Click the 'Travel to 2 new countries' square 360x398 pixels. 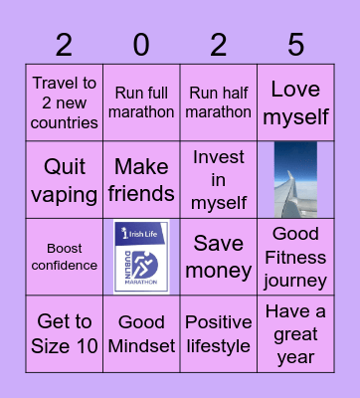tap(65, 103)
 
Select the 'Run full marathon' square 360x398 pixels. tap(142, 103)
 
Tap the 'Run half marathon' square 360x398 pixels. tap(219, 103)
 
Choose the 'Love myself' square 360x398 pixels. tap(295, 103)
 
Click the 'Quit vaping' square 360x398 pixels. tap(65, 180)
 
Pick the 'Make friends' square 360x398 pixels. tap(142, 180)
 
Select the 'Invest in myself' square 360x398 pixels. tap(219, 180)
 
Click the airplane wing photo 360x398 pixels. tap(295, 180)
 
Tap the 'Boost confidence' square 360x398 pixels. tap(65, 257)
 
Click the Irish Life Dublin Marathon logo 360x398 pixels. tap(142, 257)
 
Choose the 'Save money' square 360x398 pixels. tap(219, 257)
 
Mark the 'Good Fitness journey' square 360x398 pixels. tap(295, 257)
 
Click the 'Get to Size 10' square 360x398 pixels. tap(65, 333)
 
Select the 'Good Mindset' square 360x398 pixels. tap(142, 333)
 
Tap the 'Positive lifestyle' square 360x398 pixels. tap(219, 333)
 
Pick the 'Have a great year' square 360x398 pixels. tap(295, 333)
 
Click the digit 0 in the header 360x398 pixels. tap(141, 45)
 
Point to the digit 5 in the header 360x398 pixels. tap(295, 45)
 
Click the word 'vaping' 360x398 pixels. tap(65, 194)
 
